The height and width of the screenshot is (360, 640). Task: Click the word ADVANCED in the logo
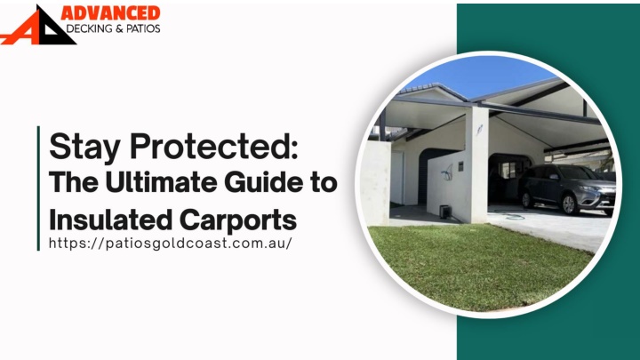click(110, 12)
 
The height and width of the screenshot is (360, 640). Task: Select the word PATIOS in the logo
click(143, 28)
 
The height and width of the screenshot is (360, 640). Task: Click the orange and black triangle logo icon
click(37, 25)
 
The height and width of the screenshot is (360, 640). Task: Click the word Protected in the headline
click(211, 146)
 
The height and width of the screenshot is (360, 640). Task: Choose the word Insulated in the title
click(110, 220)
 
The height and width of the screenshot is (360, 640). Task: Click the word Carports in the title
click(238, 220)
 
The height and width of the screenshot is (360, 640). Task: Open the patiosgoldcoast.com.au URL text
click(171, 244)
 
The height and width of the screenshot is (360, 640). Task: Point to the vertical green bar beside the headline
click(38, 188)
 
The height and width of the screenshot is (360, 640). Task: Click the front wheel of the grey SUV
click(569, 204)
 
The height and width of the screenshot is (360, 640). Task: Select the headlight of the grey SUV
click(588, 188)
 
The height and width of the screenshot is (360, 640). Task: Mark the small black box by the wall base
click(444, 212)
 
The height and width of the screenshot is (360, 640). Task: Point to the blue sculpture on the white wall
click(447, 172)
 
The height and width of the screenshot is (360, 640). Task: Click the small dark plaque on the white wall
click(460, 166)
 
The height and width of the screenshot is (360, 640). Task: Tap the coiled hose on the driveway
click(510, 214)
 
